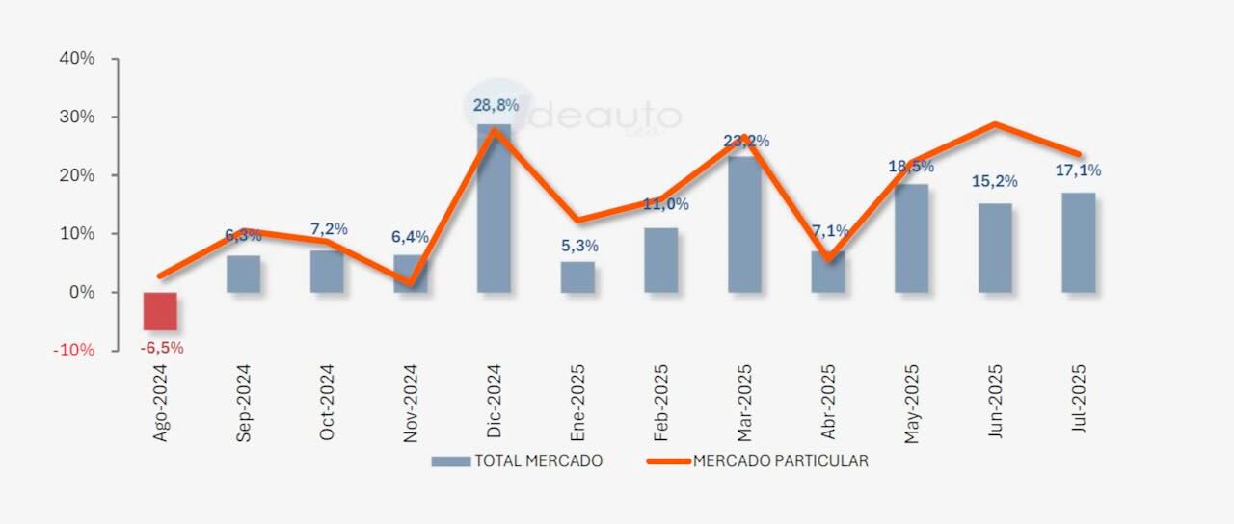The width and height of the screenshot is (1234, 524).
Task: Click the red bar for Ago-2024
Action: point(160,311)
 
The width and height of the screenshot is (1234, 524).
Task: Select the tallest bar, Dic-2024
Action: point(495,208)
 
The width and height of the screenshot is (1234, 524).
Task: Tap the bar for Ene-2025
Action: point(577,277)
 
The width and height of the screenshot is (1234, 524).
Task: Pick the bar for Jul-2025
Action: point(1078,243)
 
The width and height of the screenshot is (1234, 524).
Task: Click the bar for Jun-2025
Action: point(995,248)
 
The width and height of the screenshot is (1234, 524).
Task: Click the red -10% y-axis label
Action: point(73,350)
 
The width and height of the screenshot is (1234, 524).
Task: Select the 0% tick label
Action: point(81,292)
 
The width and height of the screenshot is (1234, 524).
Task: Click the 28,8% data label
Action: point(496,105)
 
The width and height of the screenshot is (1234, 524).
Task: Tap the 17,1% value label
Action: point(1078,170)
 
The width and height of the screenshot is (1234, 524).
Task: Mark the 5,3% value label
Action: point(578,246)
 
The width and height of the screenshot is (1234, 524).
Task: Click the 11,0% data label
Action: point(666,204)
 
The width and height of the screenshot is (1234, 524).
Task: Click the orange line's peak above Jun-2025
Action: point(994,124)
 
